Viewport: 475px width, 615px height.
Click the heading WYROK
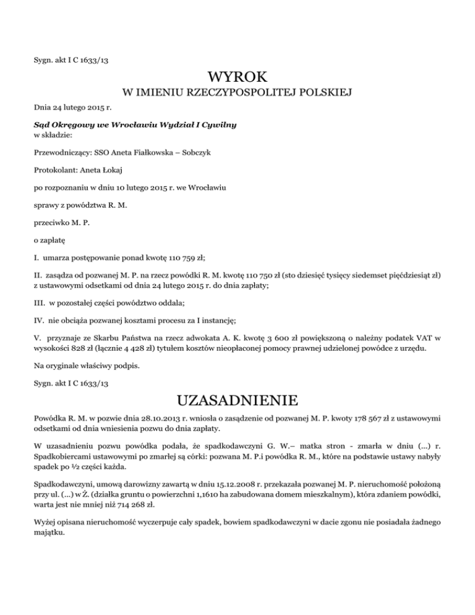(x=237, y=77)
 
